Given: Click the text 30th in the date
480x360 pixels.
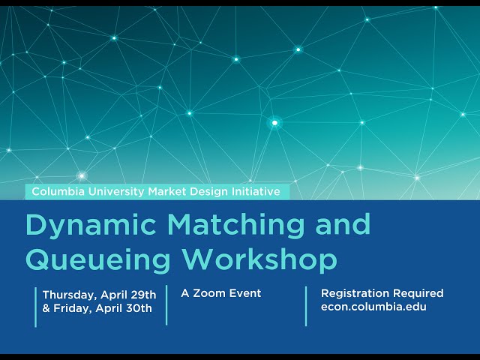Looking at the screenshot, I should pos(140,307).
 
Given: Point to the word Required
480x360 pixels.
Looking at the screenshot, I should pos(418,293).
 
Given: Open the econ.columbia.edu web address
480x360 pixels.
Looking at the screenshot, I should pos(373,307).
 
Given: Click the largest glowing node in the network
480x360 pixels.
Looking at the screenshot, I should pos(274,122).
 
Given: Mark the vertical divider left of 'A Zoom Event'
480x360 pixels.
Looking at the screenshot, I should pos(166,305).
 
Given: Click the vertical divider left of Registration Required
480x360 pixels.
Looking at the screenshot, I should pos(306,305).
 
